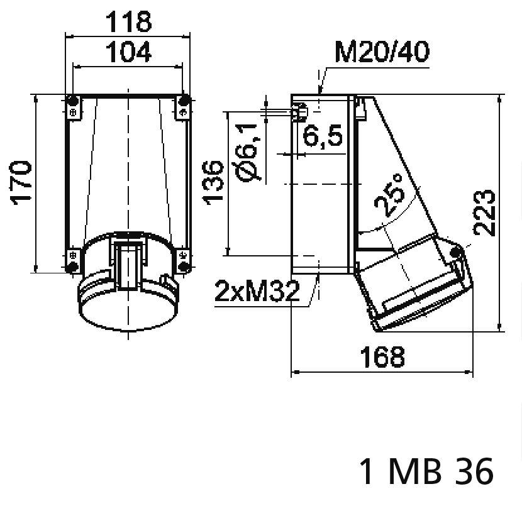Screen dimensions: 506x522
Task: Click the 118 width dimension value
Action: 128,22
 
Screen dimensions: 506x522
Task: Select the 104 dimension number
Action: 128,53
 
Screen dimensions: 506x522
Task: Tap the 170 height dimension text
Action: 21,183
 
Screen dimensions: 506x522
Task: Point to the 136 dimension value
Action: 214,182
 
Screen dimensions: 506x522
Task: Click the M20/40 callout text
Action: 382,53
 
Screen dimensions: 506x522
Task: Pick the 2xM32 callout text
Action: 257,292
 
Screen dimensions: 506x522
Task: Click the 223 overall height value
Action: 486,212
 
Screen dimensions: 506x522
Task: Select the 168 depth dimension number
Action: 382,356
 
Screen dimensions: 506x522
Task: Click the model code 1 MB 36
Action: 426,471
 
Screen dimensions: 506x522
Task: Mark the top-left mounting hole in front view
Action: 73,101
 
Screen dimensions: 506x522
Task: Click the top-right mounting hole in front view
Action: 184,101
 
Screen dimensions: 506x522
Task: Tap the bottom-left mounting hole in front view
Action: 73,267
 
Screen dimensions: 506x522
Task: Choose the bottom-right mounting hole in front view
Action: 184,267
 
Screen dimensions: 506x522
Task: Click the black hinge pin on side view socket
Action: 457,253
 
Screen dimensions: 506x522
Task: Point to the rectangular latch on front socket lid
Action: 129,264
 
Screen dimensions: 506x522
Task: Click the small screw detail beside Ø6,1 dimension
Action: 301,112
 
